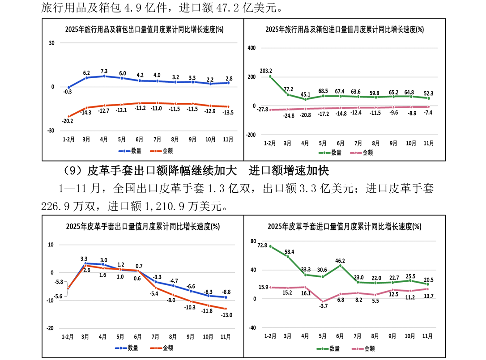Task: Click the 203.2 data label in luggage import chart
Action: pyautogui.click(x=266, y=71)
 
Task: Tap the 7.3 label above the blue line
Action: pyautogui.click(x=104, y=71)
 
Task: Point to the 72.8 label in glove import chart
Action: pyautogui.click(x=262, y=246)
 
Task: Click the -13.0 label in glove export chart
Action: pyautogui.click(x=227, y=315)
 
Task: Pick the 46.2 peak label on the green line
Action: pyautogui.click(x=340, y=260)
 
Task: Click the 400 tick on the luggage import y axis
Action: pyautogui.click(x=252, y=48)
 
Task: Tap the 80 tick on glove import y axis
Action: pyautogui.click(x=253, y=241)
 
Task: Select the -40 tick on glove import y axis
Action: pyautogui.click(x=252, y=328)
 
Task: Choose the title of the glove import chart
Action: pyautogui.click(x=345, y=226)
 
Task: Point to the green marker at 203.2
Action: pyautogui.click(x=270, y=76)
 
